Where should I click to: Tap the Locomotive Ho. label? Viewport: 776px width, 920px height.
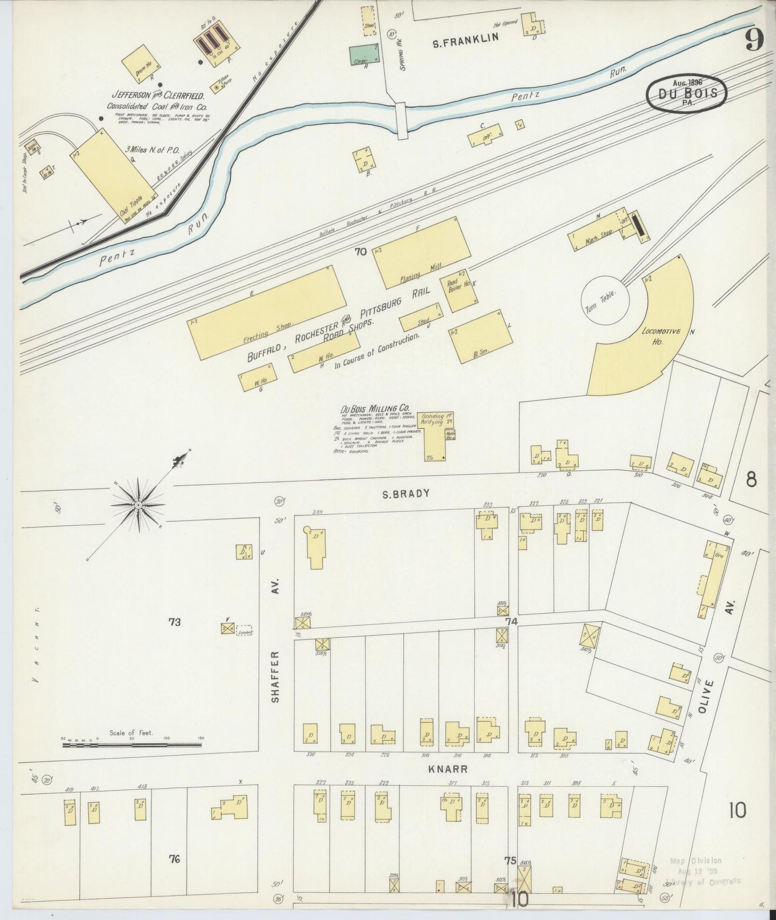[660, 336]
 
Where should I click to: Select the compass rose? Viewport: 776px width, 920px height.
[138, 505]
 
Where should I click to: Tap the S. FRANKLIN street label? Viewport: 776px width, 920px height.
[466, 38]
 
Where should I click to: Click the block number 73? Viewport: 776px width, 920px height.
[174, 622]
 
